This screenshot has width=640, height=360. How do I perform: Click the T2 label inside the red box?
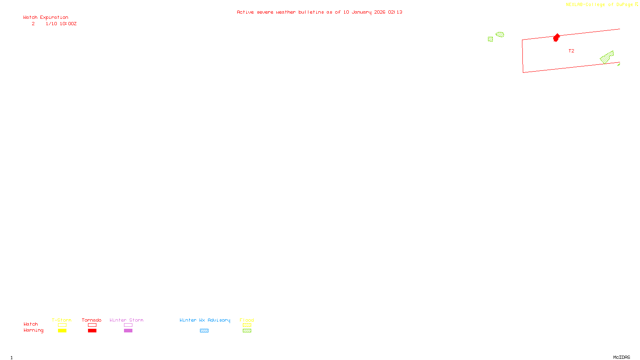click(x=571, y=51)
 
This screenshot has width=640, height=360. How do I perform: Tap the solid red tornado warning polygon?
click(x=556, y=38)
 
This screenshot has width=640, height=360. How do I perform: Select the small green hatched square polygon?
click(x=490, y=39)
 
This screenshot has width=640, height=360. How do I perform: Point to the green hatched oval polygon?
click(x=500, y=34)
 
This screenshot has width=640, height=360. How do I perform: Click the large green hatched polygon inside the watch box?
click(x=607, y=58)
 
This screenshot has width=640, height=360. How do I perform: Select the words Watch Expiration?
click(x=46, y=17)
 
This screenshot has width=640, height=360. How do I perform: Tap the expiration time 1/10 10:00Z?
click(x=61, y=24)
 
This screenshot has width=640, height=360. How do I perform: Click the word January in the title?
click(x=362, y=12)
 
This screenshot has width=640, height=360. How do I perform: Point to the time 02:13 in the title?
click(x=395, y=12)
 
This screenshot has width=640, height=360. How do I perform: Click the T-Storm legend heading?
click(x=62, y=320)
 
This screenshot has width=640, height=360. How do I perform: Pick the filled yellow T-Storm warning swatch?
click(x=62, y=331)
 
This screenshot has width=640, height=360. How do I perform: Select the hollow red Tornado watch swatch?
click(x=92, y=325)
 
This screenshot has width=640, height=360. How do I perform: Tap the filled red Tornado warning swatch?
click(x=92, y=331)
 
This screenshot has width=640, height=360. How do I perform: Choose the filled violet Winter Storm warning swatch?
click(x=128, y=331)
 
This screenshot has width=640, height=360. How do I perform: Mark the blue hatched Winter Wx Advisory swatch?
click(x=204, y=331)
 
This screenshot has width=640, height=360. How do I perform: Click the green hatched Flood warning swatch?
click(x=247, y=331)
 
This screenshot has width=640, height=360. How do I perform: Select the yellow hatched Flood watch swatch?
click(x=247, y=325)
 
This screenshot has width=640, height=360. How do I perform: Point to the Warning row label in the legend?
click(x=33, y=330)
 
